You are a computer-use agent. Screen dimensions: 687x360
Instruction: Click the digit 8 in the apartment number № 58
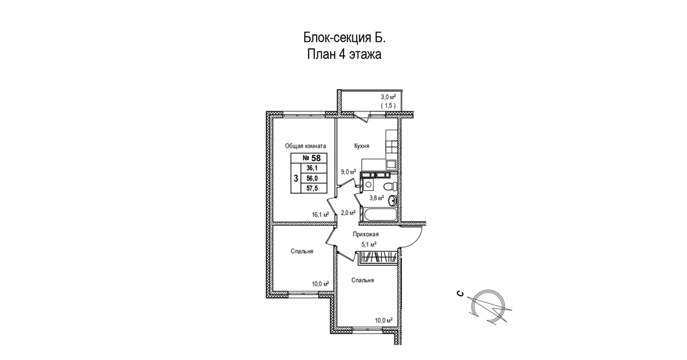[318, 158]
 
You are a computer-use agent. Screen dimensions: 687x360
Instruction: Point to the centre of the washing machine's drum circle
[368, 185]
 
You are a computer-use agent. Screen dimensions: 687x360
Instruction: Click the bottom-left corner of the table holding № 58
[291, 193]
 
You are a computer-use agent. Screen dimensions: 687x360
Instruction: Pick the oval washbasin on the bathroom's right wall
[394, 201]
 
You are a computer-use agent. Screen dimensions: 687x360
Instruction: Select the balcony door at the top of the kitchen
[361, 116]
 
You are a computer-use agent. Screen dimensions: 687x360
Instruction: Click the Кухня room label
[361, 146]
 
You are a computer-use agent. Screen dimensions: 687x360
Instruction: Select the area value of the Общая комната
[320, 214]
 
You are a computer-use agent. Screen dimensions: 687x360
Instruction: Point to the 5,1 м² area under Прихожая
[368, 244]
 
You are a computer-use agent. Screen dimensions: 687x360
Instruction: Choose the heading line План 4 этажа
[343, 55]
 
